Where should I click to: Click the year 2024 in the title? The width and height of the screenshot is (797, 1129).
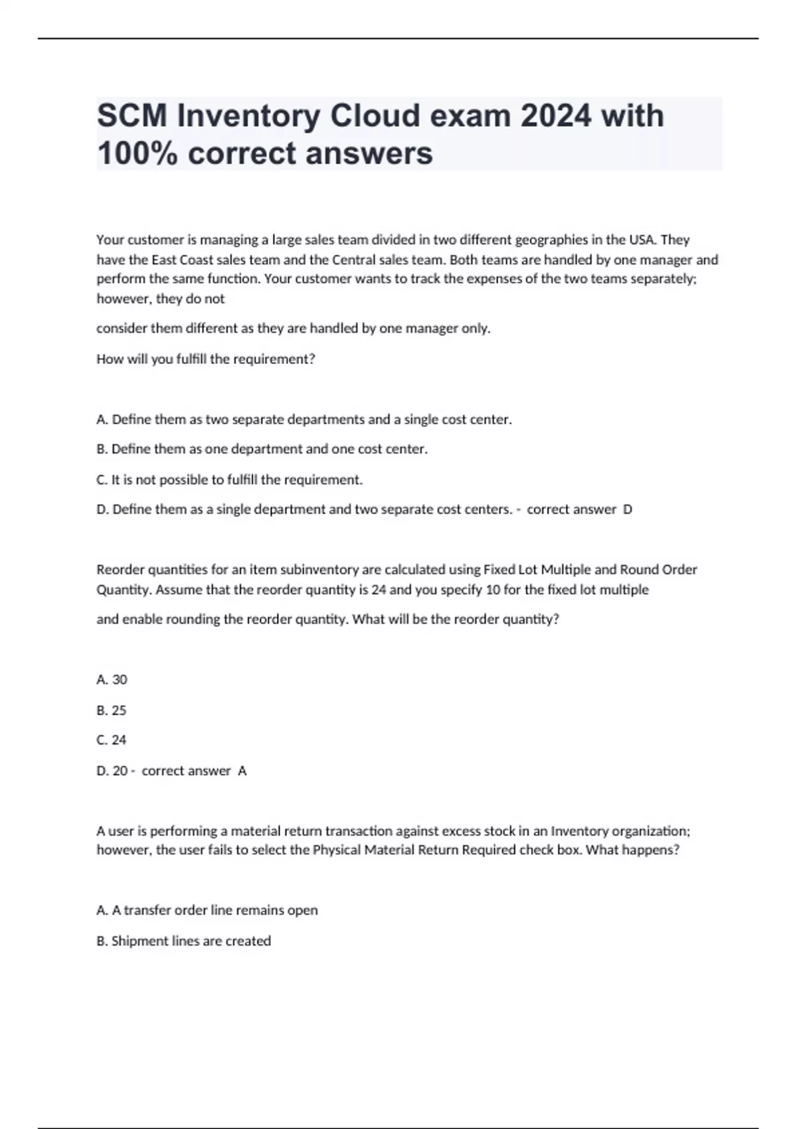click(x=555, y=116)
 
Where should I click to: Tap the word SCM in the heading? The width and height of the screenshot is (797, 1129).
click(x=132, y=116)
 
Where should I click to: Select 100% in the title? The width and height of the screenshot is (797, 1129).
click(x=137, y=153)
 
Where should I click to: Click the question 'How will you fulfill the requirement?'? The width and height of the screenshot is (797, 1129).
click(x=206, y=359)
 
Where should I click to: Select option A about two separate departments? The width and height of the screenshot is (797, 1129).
click(x=304, y=420)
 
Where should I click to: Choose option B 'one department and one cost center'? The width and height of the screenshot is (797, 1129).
click(x=262, y=450)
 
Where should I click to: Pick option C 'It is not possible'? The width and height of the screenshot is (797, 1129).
click(x=230, y=479)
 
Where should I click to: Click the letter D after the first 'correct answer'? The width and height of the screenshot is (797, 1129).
click(x=628, y=510)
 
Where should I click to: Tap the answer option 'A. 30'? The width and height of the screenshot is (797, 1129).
click(x=112, y=679)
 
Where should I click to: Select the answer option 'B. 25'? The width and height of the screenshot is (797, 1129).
click(x=112, y=710)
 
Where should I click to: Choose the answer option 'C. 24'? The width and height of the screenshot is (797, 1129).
click(x=112, y=740)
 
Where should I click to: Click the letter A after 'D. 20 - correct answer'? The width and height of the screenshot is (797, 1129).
click(x=242, y=771)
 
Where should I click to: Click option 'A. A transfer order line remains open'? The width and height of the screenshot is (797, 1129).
click(x=207, y=911)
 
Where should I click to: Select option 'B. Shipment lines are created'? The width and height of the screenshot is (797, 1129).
click(x=184, y=941)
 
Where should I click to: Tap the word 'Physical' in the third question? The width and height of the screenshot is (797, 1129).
click(x=336, y=851)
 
